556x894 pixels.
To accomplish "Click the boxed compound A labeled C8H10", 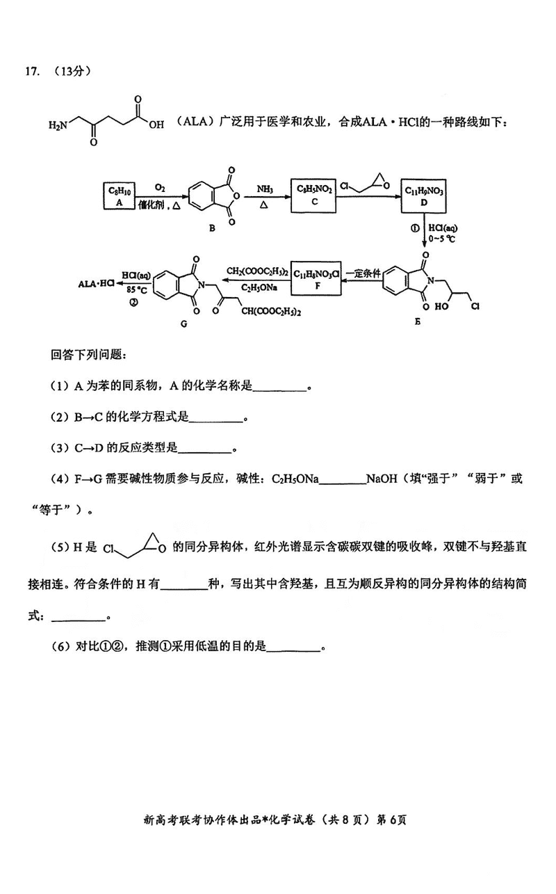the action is point(119,196).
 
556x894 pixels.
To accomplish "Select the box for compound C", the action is point(313,195).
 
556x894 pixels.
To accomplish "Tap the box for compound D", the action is point(423,196).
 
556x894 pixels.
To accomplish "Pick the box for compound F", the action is point(316,278).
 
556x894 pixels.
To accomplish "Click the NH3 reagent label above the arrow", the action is point(264,189).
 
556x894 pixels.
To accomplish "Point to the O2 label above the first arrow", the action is point(160,188).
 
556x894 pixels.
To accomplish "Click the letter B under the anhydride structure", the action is point(212,228).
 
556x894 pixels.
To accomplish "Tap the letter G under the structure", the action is point(183,324).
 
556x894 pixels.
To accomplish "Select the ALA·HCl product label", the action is point(96,284).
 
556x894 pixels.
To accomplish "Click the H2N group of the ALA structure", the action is point(58,125).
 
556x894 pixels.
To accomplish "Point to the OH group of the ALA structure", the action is point(156,125).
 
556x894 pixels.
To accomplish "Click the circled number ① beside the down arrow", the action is point(415,228).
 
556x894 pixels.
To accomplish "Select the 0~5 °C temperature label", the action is point(441,239).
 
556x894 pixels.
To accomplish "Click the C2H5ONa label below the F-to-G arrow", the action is point(259,287).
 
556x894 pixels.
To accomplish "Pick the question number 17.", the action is point(32,71).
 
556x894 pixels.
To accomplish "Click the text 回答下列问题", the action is point(88,354).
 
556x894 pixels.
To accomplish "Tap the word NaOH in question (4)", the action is point(382,479).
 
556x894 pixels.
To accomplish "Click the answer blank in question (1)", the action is point(280,390).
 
